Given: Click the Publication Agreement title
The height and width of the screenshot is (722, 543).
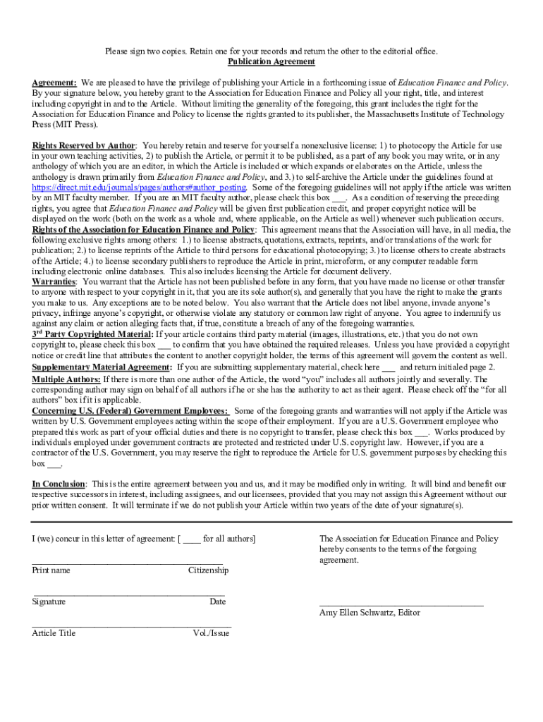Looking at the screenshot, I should tap(271, 61).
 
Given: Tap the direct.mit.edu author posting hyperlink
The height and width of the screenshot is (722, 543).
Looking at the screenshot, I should tap(139, 188).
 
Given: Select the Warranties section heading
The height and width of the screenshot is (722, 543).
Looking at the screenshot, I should tap(54, 281).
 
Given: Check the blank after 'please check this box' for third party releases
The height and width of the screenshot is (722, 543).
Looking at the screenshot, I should tap(164, 345).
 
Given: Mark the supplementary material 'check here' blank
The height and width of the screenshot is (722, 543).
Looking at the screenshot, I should tap(389, 367).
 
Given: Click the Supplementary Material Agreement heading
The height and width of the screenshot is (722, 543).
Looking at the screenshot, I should tap(101, 367).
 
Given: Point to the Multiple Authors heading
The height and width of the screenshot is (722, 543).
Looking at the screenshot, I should tap(66, 379).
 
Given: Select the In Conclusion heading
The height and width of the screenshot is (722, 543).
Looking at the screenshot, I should tap(59, 484).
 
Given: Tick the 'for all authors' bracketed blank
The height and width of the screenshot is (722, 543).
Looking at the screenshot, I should tap(192, 539).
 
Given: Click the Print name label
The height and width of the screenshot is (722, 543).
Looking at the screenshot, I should tap(51, 570).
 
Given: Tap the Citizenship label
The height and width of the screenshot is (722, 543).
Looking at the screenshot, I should tap(208, 570).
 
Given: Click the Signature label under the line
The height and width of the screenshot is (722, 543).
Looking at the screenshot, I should tap(49, 601).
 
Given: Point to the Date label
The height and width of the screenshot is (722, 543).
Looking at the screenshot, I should tap(217, 601).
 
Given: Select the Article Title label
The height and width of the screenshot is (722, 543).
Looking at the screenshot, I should tap(54, 632).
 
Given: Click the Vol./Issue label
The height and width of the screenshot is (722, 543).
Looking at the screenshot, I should tap(211, 632).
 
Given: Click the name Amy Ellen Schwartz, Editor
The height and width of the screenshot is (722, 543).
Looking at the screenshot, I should tap(370, 612).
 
